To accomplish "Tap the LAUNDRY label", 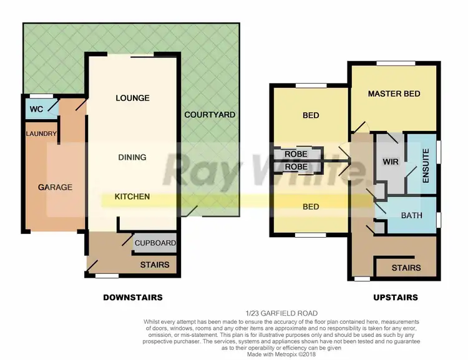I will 42,134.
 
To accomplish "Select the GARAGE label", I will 55,187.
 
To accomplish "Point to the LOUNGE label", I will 132,98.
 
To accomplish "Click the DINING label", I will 132,157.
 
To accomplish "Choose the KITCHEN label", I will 132,197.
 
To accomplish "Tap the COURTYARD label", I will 210,115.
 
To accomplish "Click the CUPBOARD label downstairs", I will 155,243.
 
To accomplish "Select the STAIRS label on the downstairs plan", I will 155,265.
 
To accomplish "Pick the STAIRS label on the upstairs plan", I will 406,268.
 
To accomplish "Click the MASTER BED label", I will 394,94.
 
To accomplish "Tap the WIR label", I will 390,162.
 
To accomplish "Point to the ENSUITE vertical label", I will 426,164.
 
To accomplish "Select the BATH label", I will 411,216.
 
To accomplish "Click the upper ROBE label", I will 296,154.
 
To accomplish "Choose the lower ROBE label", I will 296,167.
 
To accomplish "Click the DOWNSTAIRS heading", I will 133,298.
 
